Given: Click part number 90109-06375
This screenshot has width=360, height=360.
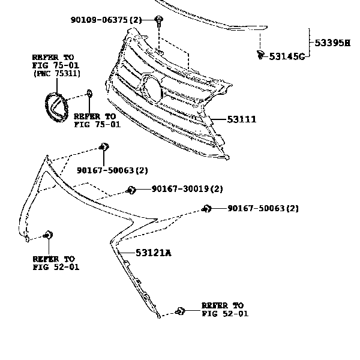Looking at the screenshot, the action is tap(99, 20).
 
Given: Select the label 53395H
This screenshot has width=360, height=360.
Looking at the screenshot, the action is tap(332, 43).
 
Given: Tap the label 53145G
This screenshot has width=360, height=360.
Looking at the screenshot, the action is tap(287, 56).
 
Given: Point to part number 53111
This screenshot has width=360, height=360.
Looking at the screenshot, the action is tap(242, 119).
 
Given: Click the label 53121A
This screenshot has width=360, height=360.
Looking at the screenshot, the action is tap(154, 253).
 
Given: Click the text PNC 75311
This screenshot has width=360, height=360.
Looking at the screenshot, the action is tap(58, 73).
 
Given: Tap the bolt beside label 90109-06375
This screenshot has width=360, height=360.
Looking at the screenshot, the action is tap(158, 21).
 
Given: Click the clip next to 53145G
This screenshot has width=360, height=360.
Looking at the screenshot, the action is tap(260, 55).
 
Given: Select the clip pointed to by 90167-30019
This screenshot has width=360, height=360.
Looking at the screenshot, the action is tap(131, 190).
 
